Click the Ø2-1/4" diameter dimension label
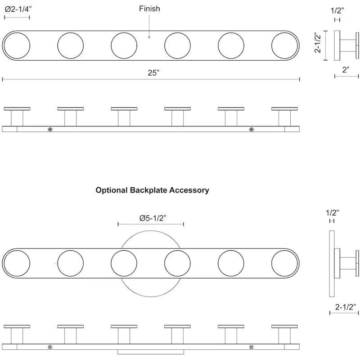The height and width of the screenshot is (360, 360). (18, 9)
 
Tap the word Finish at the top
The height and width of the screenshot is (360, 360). (149, 9)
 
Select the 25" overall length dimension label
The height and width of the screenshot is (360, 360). (153, 73)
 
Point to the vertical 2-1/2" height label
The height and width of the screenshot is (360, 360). (318, 42)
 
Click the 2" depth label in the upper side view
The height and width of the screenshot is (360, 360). (346, 70)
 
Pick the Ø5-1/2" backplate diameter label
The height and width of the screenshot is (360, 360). (153, 218)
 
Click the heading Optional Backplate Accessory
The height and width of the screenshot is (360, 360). (152, 190)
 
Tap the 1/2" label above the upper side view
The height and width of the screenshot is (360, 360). (337, 10)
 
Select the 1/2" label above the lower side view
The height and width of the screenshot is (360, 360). (332, 213)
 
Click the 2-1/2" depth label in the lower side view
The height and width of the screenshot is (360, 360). (345, 307)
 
